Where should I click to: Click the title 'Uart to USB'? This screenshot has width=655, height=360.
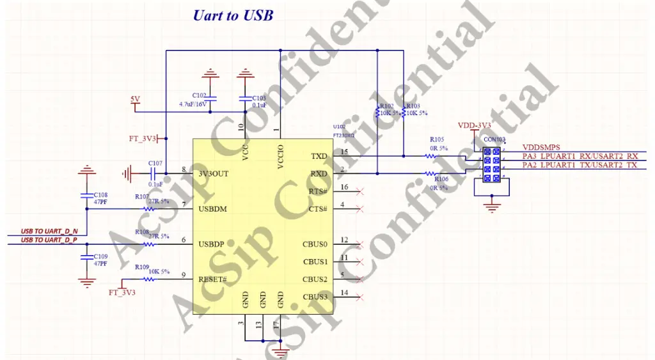click(x=233, y=15)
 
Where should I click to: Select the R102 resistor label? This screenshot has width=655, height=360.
click(x=386, y=107)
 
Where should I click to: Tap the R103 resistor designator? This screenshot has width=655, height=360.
click(x=413, y=107)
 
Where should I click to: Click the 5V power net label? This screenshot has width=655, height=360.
click(x=135, y=99)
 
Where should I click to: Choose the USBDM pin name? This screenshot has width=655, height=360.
click(x=213, y=209)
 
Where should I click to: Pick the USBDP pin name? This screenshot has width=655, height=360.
click(x=212, y=244)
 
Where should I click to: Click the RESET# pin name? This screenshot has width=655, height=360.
click(x=213, y=279)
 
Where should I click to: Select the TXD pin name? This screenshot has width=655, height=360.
click(x=319, y=156)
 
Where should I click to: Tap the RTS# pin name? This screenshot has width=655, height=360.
click(x=319, y=191)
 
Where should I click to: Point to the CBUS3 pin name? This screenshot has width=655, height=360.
click(x=315, y=297)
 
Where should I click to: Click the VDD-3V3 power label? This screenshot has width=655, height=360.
click(x=474, y=125)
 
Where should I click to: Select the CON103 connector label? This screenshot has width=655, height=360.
click(x=495, y=139)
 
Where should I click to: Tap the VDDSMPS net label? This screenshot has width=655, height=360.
click(x=541, y=148)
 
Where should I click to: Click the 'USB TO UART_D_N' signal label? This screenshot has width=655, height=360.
click(x=49, y=230)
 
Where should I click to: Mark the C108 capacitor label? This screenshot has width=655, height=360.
click(x=100, y=194)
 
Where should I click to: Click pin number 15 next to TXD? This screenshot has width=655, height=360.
click(x=344, y=152)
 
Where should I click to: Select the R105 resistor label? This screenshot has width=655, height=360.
click(x=437, y=139)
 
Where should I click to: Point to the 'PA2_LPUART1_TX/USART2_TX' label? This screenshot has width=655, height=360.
click(x=580, y=166)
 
